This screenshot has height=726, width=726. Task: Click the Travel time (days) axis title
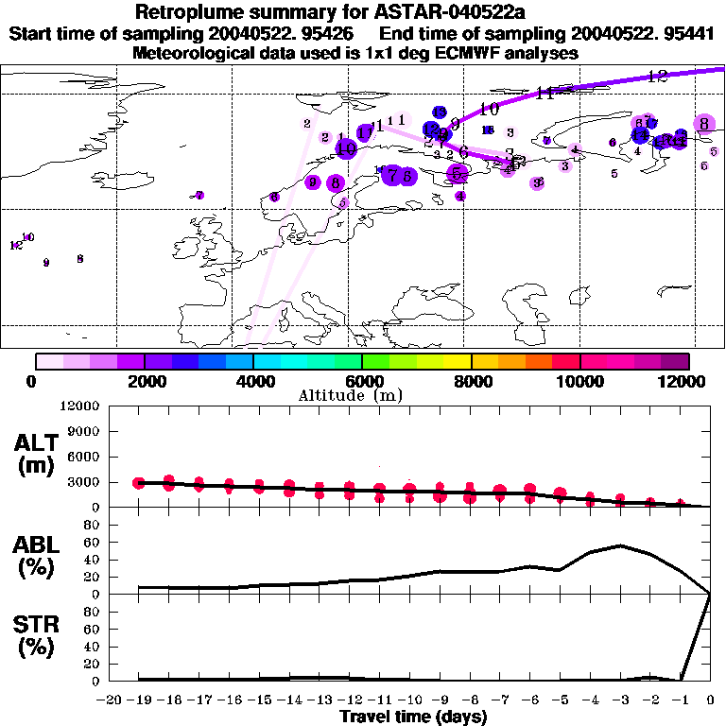click(413, 717)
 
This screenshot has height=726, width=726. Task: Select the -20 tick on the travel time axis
click(111, 700)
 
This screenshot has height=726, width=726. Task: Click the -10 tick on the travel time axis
click(411, 700)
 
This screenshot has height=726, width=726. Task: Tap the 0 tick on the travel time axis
click(711, 700)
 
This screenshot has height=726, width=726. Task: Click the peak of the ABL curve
click(620, 545)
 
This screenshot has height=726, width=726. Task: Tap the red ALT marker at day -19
click(140, 483)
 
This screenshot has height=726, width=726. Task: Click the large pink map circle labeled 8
click(703, 124)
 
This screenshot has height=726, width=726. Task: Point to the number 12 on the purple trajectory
click(659, 76)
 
